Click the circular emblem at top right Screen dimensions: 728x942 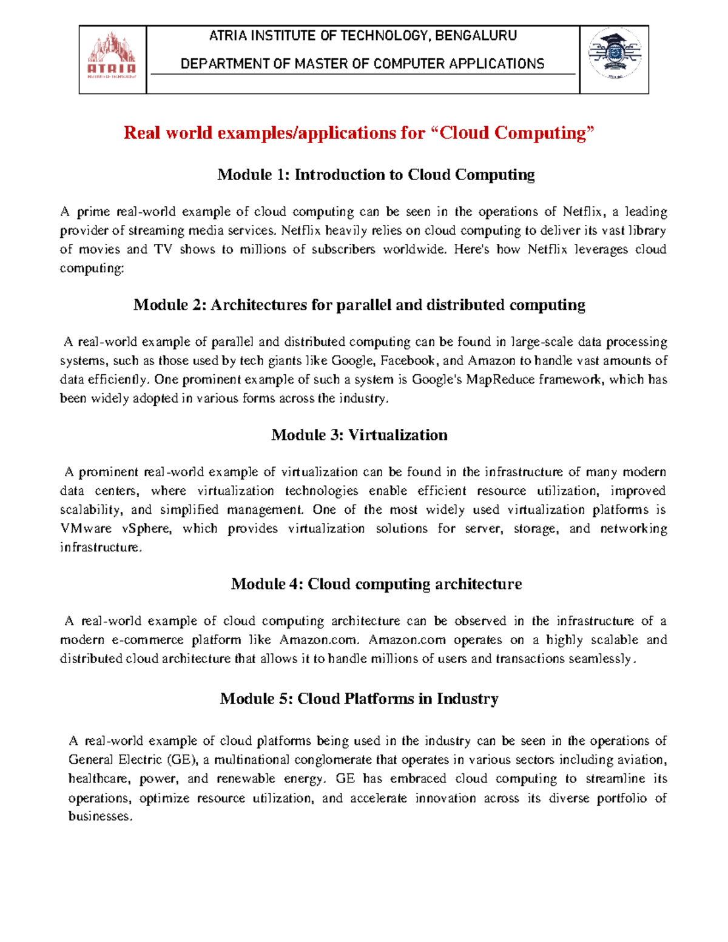coord(614,54)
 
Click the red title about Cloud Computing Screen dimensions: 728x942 coord(359,132)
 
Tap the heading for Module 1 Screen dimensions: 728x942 coord(376,175)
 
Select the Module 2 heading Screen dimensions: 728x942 coord(359,304)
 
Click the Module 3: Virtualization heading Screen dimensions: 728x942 coord(359,435)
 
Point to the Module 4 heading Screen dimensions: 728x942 coord(376,584)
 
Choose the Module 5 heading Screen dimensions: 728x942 coord(359,699)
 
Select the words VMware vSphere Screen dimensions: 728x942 coord(116,528)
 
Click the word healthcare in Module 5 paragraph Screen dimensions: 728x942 coord(99,779)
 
